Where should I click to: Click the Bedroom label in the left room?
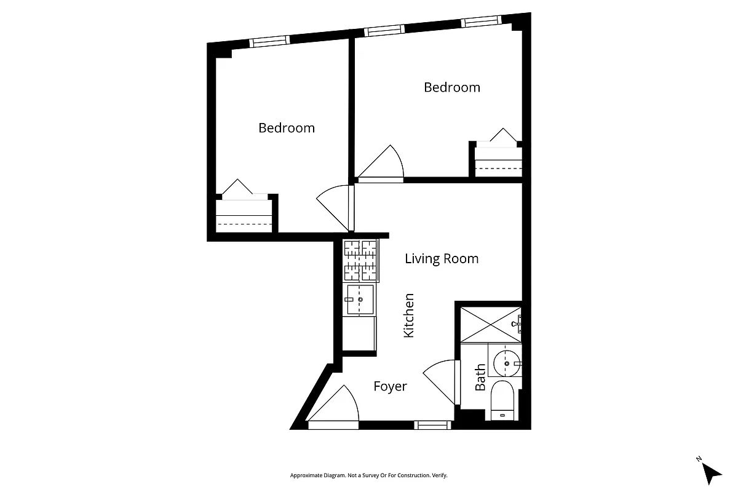(x=286, y=128)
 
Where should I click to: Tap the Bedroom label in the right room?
(x=452, y=87)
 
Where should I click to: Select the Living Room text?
(x=442, y=259)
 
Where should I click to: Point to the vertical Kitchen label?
(x=409, y=315)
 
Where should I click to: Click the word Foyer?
(x=391, y=386)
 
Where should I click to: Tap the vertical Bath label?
(x=480, y=377)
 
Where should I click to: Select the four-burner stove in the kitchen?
(x=360, y=260)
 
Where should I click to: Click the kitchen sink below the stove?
(x=360, y=300)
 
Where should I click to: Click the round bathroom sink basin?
(x=507, y=363)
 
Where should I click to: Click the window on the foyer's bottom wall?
(x=432, y=424)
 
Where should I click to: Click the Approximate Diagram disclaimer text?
(x=368, y=475)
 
